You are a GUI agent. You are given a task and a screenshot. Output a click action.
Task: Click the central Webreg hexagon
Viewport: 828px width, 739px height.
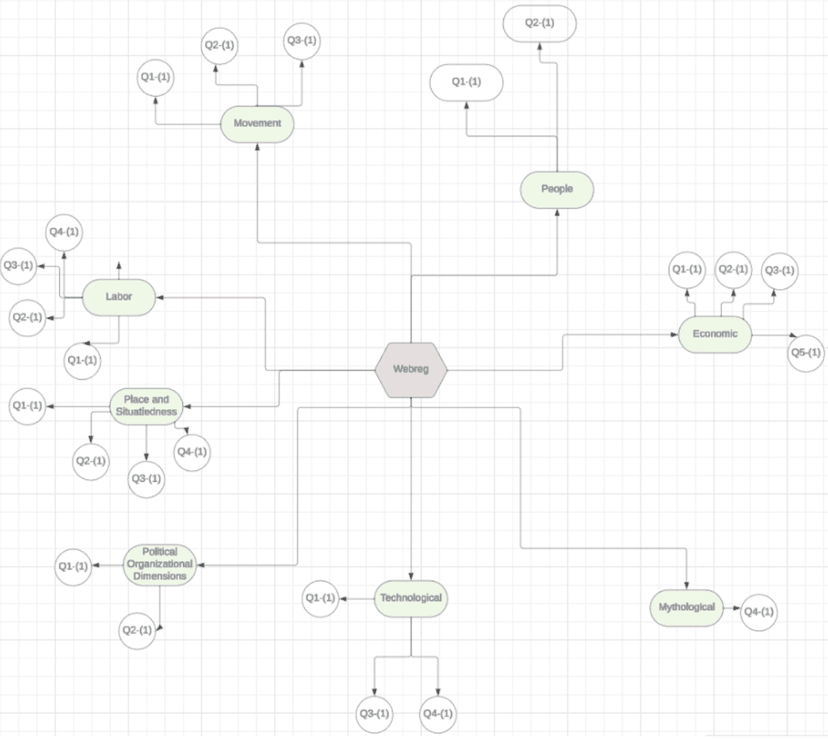(411, 370)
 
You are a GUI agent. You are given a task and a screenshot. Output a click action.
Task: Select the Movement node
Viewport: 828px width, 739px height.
(257, 124)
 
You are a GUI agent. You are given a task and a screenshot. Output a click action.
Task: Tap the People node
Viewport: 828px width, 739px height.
(557, 189)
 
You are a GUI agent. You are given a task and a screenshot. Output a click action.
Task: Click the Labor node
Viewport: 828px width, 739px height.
(119, 297)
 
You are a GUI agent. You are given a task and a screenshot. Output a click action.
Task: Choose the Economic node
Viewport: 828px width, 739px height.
(715, 334)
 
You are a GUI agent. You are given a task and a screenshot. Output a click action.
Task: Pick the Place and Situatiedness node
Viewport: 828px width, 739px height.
(146, 406)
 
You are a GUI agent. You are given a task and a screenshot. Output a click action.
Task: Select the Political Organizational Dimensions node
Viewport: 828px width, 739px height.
(159, 565)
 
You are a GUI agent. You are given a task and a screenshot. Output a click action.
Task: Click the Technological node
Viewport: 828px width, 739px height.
(411, 598)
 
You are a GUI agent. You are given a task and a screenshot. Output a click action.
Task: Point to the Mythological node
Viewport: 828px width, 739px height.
(686, 607)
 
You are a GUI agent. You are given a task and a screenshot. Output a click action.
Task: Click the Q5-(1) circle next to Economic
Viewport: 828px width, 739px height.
(806, 353)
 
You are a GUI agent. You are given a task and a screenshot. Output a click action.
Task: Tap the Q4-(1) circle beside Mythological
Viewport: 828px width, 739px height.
(758, 612)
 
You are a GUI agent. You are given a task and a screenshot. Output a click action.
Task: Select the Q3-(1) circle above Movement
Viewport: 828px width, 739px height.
(302, 41)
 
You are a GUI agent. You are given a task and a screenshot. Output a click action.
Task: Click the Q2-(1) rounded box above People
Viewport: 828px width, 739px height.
(539, 23)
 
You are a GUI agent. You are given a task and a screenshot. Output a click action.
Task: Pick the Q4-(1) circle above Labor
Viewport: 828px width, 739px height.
(64, 232)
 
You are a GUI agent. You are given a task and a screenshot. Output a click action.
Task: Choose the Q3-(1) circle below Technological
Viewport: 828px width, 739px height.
(374, 714)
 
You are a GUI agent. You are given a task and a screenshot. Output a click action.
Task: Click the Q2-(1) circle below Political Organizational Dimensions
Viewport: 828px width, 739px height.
(137, 630)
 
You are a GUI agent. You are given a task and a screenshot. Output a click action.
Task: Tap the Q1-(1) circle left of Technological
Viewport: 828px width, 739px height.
(320, 598)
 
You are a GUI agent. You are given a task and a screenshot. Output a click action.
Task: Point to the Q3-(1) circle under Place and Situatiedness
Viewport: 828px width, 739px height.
(146, 479)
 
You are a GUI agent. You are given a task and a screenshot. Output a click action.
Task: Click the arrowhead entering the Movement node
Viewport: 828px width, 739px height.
(257, 147)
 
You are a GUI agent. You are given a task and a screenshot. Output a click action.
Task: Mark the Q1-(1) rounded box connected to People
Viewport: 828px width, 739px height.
(467, 82)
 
